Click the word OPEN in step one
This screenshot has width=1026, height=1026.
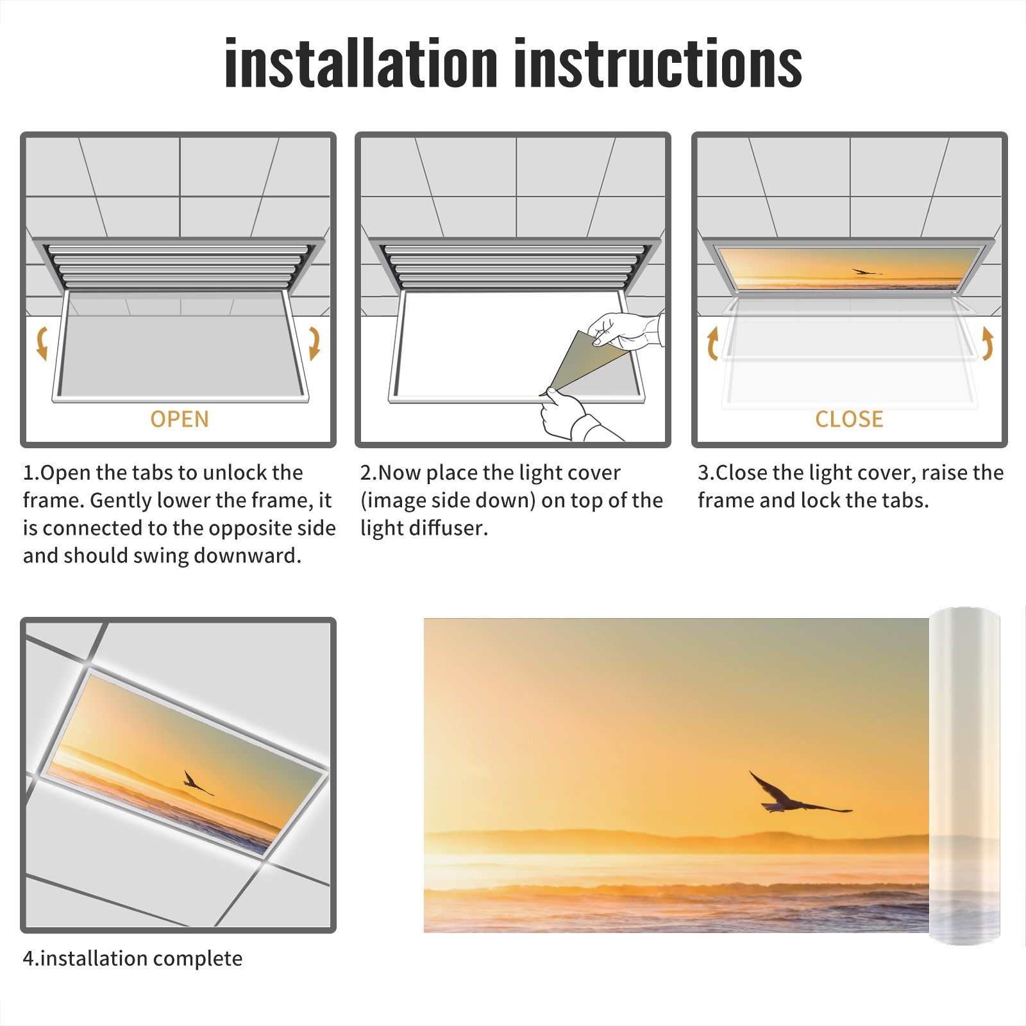180,419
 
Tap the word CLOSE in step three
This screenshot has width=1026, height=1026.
849,419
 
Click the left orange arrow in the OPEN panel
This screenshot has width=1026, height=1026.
42,343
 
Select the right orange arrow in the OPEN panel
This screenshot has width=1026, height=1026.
314,343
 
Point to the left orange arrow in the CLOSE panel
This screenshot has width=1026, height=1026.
712,343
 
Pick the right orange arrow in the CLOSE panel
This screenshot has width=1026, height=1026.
988,343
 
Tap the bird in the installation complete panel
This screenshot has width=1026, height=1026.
196,783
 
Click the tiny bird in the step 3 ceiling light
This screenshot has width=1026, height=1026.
866,272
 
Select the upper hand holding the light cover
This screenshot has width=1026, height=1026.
625,330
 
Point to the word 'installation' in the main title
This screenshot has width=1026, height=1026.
361,63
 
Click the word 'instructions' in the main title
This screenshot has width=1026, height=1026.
658,63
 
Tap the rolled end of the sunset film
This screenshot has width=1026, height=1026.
964,776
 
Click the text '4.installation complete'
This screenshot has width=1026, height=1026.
133,958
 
